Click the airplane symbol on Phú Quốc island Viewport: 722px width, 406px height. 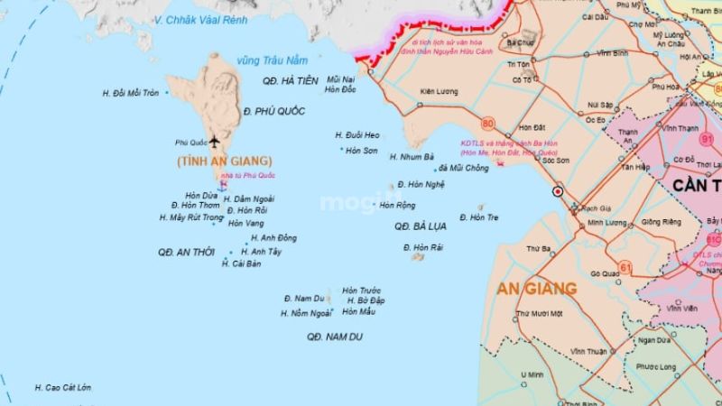(x=214, y=142)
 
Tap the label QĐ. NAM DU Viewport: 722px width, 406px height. (x=328, y=336)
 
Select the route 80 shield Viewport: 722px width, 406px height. (x=488, y=124)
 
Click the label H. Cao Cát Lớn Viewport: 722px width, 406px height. (x=63, y=388)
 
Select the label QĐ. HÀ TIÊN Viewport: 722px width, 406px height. (x=291, y=80)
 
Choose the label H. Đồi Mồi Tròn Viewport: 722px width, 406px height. (x=130, y=93)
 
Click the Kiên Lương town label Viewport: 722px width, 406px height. (x=440, y=91)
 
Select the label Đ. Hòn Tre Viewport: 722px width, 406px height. (x=478, y=217)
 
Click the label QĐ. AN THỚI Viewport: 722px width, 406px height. (x=183, y=252)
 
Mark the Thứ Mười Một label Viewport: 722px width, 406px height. (x=539, y=313)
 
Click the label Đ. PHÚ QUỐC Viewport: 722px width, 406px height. (x=274, y=110)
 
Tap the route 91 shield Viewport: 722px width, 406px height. (x=706, y=139)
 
